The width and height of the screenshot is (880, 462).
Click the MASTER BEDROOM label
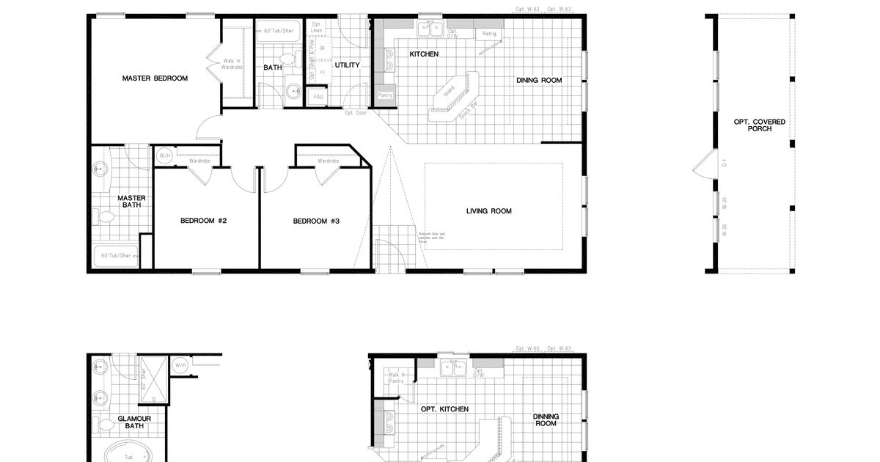pyautogui.click(x=155, y=78)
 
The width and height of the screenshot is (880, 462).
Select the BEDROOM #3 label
pyautogui.click(x=316, y=221)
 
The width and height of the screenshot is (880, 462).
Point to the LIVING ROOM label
pyautogui.click(x=489, y=211)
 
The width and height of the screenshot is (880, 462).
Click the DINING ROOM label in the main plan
pyautogui.click(x=539, y=81)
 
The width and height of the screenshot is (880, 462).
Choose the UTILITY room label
pyautogui.click(x=348, y=65)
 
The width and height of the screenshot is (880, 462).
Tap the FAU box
pyautogui.click(x=318, y=97)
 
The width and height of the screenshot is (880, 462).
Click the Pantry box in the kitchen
pyautogui.click(x=385, y=95)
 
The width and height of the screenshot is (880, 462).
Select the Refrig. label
pyautogui.click(x=489, y=34)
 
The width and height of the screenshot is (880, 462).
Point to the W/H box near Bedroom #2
pyautogui.click(x=164, y=155)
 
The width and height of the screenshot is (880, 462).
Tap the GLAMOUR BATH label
pyautogui.click(x=134, y=422)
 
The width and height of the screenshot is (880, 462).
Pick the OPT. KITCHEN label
pyautogui.click(x=444, y=409)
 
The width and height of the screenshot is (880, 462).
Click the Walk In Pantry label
pyautogui.click(x=397, y=378)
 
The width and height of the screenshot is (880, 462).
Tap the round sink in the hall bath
pyautogui.click(x=293, y=91)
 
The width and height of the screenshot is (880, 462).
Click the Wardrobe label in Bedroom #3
pyautogui.click(x=328, y=161)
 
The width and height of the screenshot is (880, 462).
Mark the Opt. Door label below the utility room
pyautogui.click(x=356, y=113)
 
